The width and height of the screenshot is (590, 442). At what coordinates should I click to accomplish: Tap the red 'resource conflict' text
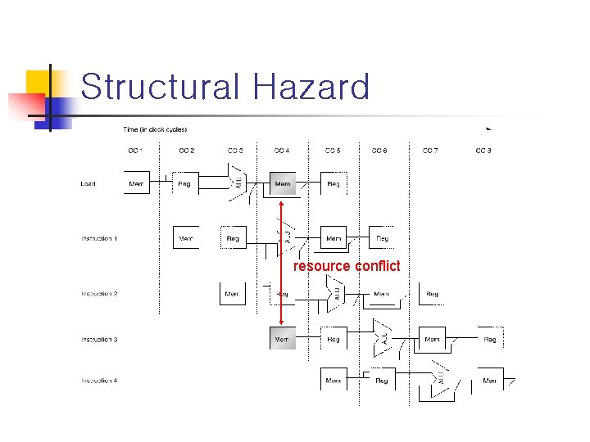pyautogui.click(x=347, y=266)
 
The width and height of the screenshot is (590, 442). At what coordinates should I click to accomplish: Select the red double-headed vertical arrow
pyautogui.click(x=281, y=262)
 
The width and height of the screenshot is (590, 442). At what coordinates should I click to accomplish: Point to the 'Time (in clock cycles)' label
pyautogui.click(x=155, y=129)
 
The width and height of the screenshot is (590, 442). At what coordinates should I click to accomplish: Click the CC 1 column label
pyautogui.click(x=135, y=151)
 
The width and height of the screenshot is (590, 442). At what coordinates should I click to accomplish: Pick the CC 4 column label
pyautogui.click(x=281, y=151)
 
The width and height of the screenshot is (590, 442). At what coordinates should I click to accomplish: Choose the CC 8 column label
pyautogui.click(x=483, y=151)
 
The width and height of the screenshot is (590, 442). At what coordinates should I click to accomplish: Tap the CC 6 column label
pyautogui.click(x=379, y=151)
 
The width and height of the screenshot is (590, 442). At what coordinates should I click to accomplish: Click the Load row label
pyautogui.click(x=88, y=184)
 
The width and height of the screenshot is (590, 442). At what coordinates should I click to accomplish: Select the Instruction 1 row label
pyautogui.click(x=99, y=239)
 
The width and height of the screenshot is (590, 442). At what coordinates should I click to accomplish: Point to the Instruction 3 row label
pyautogui.click(x=99, y=339)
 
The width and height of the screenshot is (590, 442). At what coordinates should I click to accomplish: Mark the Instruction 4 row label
pyautogui.click(x=99, y=381)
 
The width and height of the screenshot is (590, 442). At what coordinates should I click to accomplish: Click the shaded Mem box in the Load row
pyautogui.click(x=283, y=184)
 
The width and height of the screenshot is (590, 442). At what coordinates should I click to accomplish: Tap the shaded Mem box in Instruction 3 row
pyautogui.click(x=283, y=338)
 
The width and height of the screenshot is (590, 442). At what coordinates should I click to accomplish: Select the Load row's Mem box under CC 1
pyautogui.click(x=136, y=184)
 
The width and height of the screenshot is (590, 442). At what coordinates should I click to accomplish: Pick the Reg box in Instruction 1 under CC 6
pyautogui.click(x=382, y=238)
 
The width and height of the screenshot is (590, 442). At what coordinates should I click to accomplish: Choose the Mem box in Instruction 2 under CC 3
pyautogui.click(x=233, y=294)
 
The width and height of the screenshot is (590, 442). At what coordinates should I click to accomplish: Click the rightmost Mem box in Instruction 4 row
pyautogui.click(x=489, y=381)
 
